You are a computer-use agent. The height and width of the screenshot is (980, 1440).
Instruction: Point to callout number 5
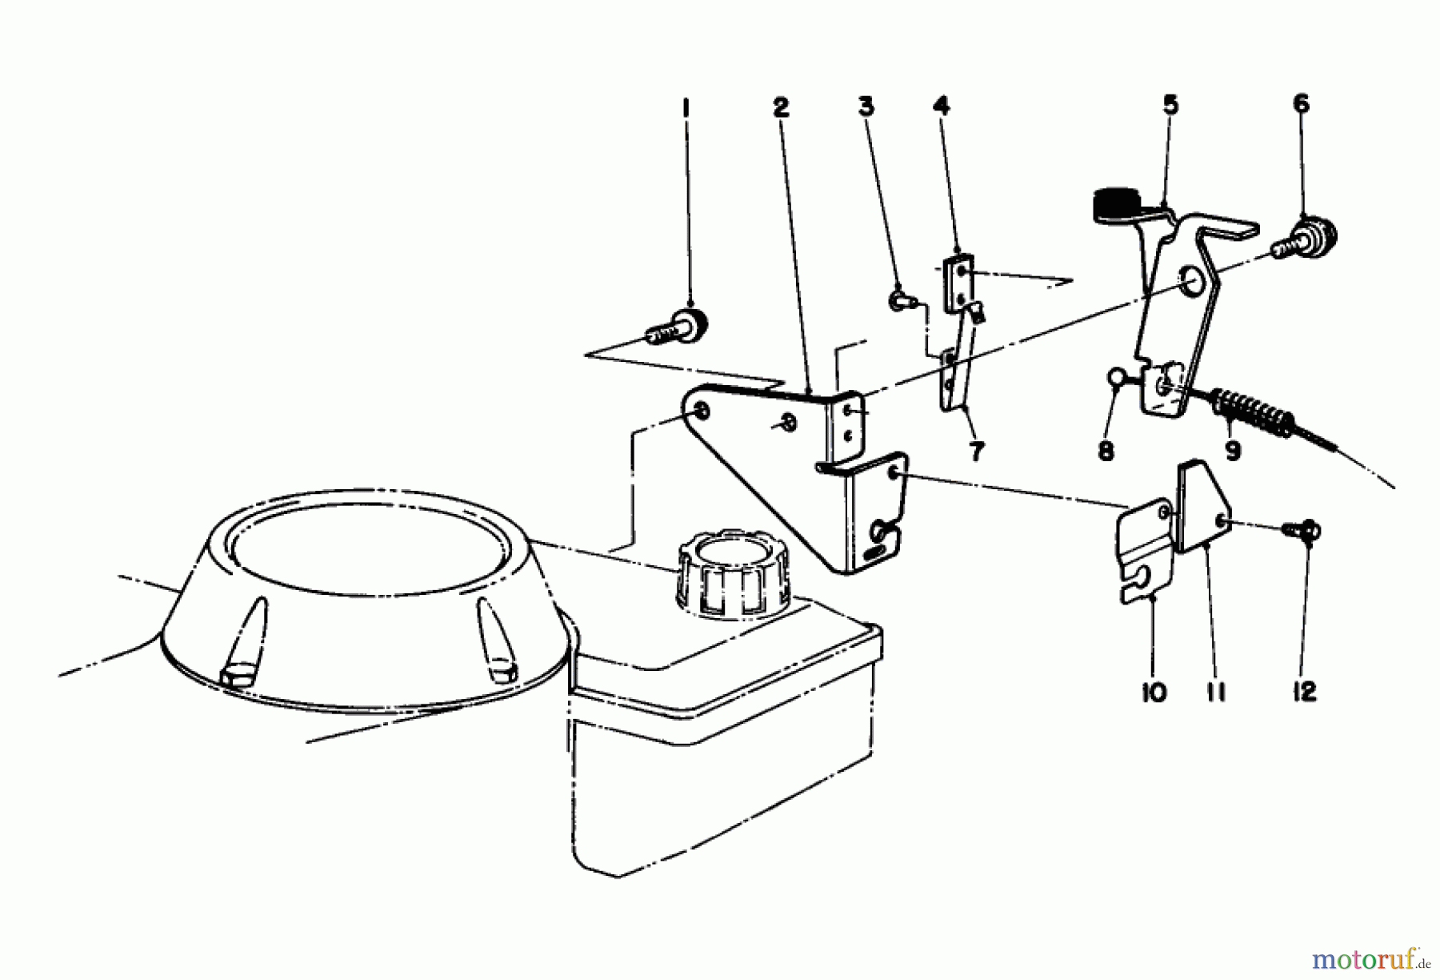pos(1170,105)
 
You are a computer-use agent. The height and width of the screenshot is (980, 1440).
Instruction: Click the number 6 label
pos(1301,104)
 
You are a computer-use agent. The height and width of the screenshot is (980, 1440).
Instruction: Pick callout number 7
pos(976,451)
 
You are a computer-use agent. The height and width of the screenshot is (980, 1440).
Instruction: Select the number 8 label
pos(1106,451)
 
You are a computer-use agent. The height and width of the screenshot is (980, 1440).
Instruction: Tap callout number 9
pos(1233,451)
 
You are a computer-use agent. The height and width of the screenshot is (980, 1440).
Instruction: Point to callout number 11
pos(1216,691)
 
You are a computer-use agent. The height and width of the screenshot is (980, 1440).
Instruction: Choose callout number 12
pos(1304,691)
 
